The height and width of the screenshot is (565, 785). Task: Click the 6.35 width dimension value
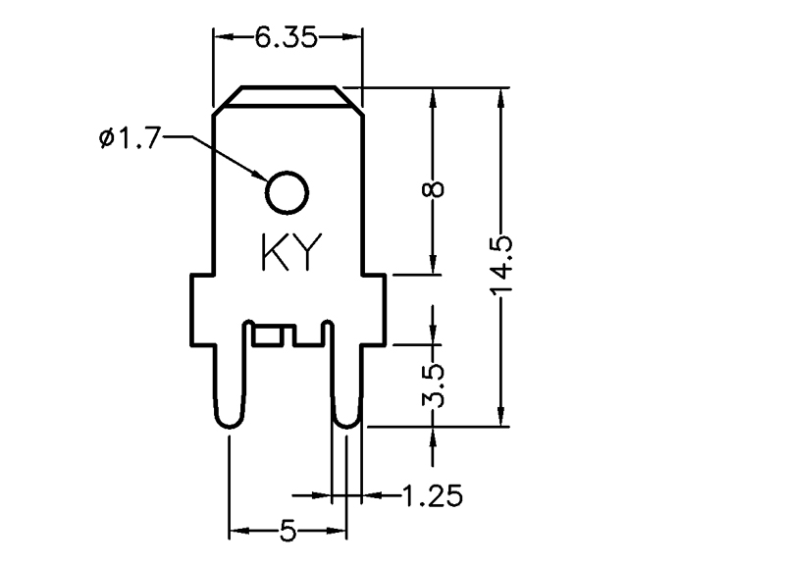(x=287, y=38)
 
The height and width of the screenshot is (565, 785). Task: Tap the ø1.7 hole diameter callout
(x=129, y=139)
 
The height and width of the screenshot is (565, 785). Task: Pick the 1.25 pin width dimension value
(x=431, y=495)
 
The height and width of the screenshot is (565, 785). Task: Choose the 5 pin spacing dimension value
(x=288, y=532)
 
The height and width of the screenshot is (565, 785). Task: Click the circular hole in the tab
(x=288, y=191)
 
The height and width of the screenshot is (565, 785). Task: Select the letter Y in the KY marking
(x=305, y=253)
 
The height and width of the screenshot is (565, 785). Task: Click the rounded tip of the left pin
(x=228, y=420)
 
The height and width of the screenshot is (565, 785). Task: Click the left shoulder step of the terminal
(x=202, y=278)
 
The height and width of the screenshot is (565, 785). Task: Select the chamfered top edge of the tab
(x=288, y=96)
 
